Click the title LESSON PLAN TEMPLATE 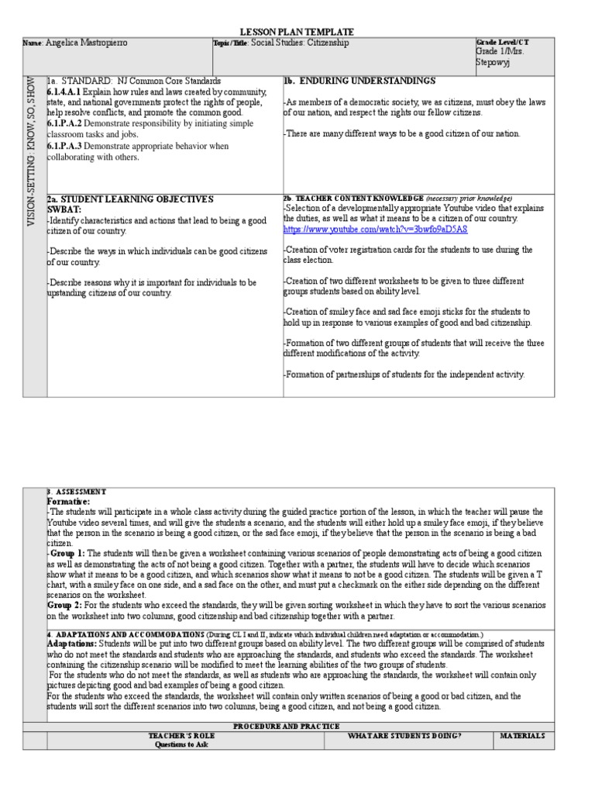[297, 32]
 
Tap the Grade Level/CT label [503, 41]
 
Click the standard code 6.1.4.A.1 [64, 91]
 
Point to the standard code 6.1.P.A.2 [64, 123]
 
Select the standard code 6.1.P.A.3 [64, 146]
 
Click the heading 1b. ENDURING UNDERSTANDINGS [359, 81]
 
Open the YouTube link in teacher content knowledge [375, 230]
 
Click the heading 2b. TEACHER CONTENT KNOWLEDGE [353, 199]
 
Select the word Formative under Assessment [71, 502]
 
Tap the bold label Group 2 [66, 604]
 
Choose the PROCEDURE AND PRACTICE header [297, 726]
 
